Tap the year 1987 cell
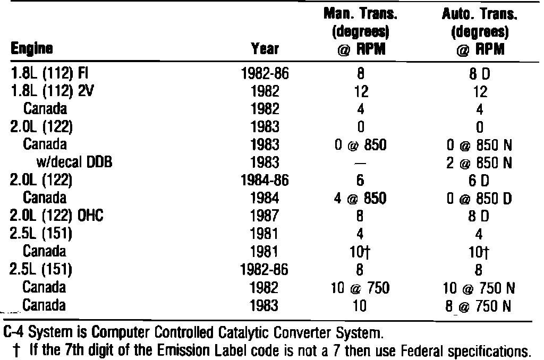click(x=264, y=217)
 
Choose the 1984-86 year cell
click(x=264, y=181)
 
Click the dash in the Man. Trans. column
click(x=361, y=162)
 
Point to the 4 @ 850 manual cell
click(x=361, y=199)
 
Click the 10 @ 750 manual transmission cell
click(x=361, y=288)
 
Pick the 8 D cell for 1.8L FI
click(x=480, y=74)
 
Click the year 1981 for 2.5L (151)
click(x=264, y=234)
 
